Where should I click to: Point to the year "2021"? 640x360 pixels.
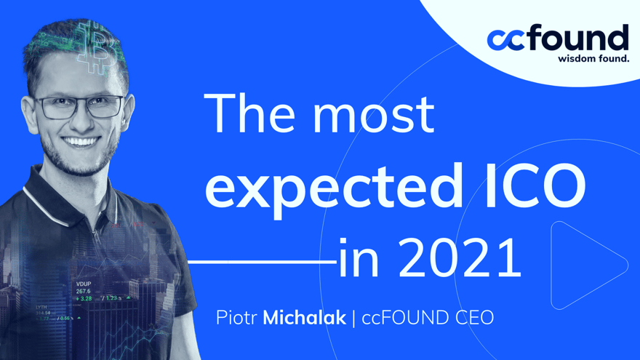[x=460, y=258]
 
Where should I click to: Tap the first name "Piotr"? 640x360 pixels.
[x=236, y=318]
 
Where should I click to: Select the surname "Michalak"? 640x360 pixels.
[x=305, y=318]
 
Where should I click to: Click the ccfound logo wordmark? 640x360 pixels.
[x=558, y=38]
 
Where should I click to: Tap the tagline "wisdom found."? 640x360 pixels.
[x=593, y=58]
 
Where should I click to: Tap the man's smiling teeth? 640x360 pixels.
[x=81, y=141]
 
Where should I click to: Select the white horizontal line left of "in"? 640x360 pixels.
[x=263, y=260]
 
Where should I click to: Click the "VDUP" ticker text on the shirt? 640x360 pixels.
[x=84, y=284]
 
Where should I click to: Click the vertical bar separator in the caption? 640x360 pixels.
[x=353, y=318]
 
